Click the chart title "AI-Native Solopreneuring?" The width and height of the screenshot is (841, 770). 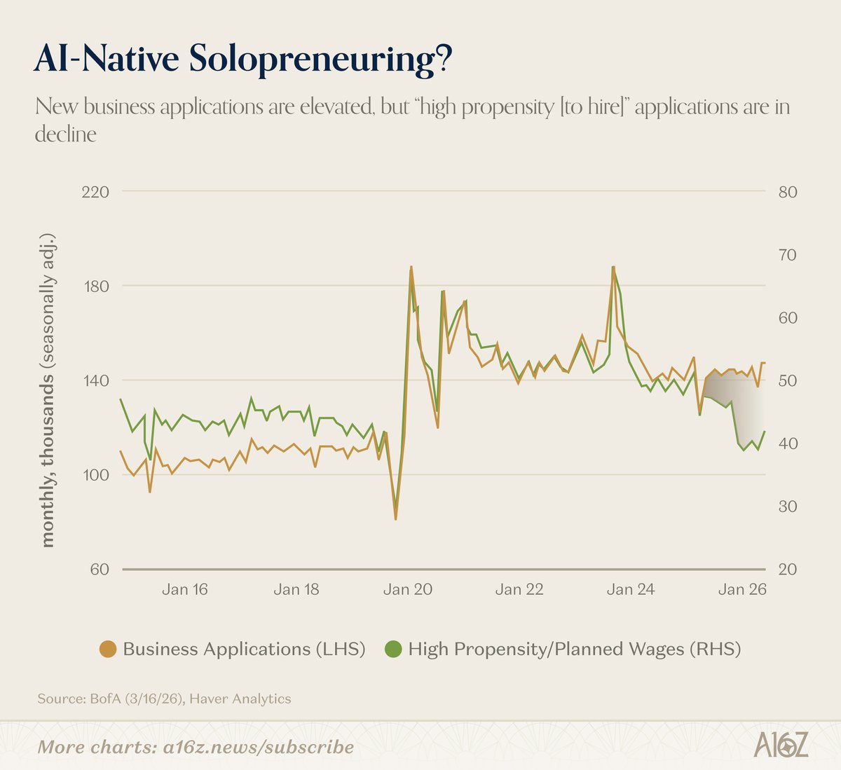tap(242, 60)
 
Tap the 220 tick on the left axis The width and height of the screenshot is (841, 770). tap(95, 191)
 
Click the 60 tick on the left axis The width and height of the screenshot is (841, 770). tap(99, 569)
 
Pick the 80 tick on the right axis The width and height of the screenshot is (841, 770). tap(788, 191)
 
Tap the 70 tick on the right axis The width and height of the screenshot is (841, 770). tap(788, 254)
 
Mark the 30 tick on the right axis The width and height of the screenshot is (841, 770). tap(788, 506)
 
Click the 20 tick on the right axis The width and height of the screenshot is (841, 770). tap(788, 569)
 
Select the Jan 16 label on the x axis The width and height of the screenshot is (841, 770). tap(184, 589)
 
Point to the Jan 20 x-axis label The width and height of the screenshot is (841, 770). tap(407, 589)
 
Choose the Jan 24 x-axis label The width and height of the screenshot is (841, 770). tap(631, 589)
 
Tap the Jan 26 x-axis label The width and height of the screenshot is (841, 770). tap(742, 589)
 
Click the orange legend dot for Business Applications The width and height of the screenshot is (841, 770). tap(108, 649)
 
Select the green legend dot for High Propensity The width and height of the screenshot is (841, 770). tap(393, 649)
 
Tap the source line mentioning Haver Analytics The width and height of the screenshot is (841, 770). tap(164, 699)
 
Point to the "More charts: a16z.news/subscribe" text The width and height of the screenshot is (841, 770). tap(196, 747)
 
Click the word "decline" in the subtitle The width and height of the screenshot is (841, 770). tap(65, 134)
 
